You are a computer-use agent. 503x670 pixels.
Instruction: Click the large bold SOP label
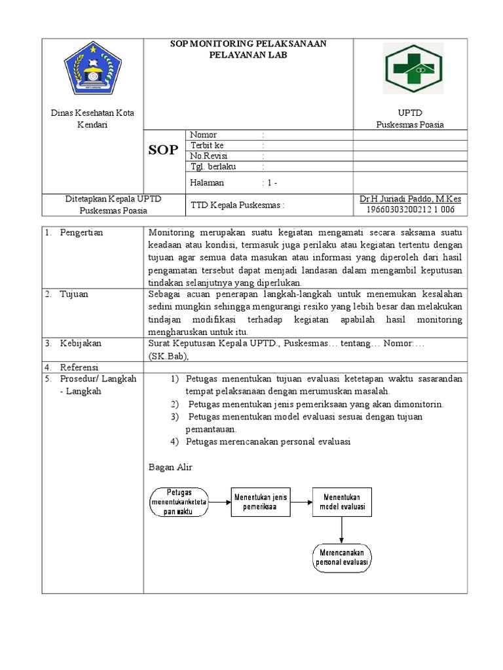[163, 150]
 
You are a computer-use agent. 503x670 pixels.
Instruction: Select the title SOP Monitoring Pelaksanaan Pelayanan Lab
[248, 49]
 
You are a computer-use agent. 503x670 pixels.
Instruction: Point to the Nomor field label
[203, 135]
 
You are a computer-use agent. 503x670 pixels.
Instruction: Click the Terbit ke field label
[207, 145]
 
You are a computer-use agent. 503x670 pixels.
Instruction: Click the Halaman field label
[207, 183]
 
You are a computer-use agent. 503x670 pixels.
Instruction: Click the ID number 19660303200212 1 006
[410, 210]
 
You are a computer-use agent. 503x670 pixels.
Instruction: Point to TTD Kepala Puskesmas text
[238, 205]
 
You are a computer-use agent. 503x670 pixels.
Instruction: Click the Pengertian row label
[81, 232]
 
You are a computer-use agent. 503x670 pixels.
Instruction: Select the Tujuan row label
[75, 294]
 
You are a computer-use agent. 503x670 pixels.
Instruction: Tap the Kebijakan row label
[81, 344]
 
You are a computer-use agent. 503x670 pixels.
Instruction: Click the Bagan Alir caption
[170, 467]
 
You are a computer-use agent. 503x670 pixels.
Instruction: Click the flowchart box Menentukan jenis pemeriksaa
[261, 502]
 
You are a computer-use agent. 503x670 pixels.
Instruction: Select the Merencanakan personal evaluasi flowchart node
[342, 557]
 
